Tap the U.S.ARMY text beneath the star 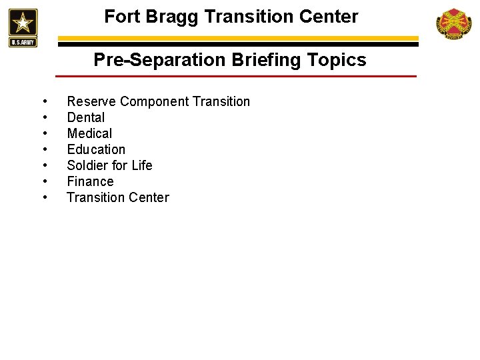coord(23,43)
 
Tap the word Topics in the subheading coord(337,61)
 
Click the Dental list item coord(86,118)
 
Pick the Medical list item coord(89,134)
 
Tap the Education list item coord(96,150)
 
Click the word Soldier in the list coord(87,166)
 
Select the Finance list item coord(90,182)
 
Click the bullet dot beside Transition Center coord(44,198)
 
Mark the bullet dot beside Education coord(44,150)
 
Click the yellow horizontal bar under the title coord(240,38)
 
